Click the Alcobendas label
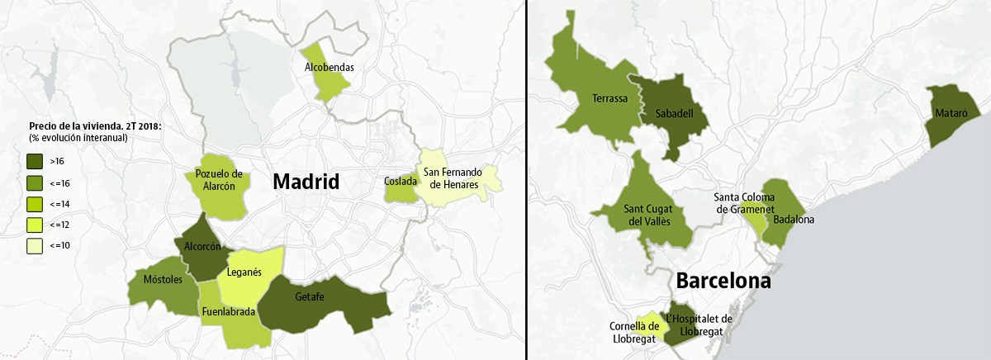[x=328, y=67]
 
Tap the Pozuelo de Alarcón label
[x=219, y=179]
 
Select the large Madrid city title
[x=306, y=182]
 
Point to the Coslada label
[x=401, y=181]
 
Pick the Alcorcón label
[x=202, y=246]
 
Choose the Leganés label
[x=244, y=272]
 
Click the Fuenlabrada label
[x=229, y=312]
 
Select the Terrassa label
[x=610, y=99]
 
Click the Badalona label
[x=794, y=220]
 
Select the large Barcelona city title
[x=723, y=281]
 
